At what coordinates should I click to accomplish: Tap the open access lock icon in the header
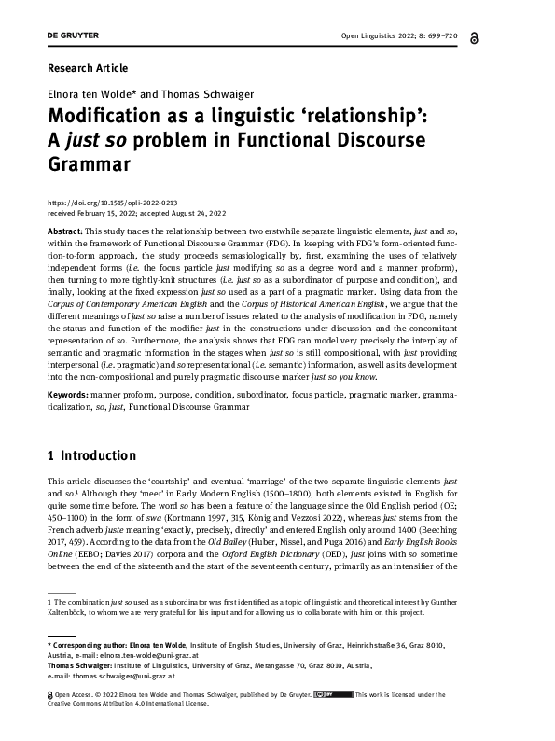pos(502,35)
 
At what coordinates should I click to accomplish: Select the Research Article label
pos(87,68)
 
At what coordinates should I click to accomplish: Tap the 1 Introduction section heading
pos(91,456)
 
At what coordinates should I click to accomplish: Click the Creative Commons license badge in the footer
pos(332,694)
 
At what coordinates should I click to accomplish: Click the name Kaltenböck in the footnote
pos(76,613)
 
